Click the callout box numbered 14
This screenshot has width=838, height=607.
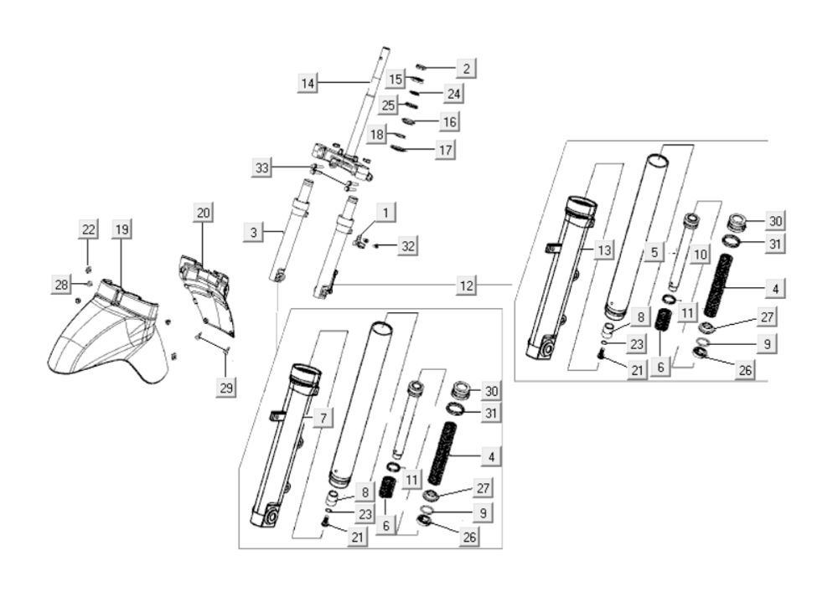tap(308, 83)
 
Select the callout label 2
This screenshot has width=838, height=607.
tap(466, 68)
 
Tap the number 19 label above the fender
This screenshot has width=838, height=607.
tap(122, 229)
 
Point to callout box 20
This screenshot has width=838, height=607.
tap(203, 213)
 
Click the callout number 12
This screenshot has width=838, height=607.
tap(466, 285)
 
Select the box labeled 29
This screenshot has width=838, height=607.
tap(226, 387)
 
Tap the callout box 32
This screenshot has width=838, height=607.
tap(408, 245)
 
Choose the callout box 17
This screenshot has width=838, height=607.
tap(444, 151)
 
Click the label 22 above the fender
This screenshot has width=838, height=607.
tap(89, 229)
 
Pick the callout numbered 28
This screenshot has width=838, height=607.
tap(61, 285)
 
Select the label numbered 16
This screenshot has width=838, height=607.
tap(449, 122)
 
